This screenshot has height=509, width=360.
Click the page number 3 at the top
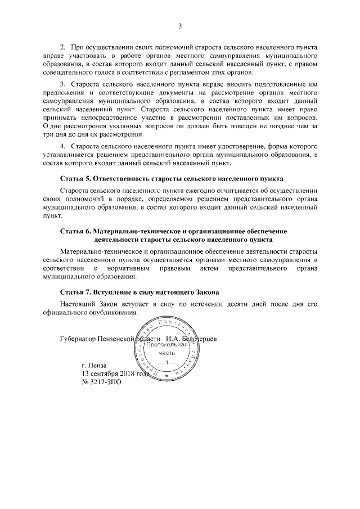[180, 26]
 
